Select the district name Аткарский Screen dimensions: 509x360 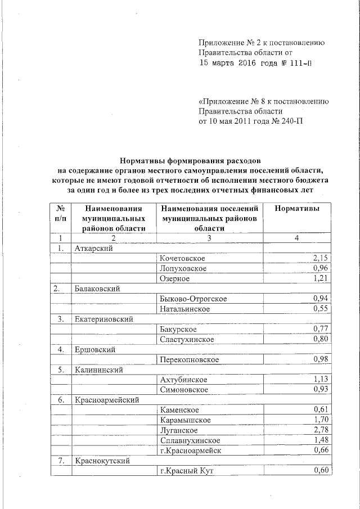(x=94, y=248)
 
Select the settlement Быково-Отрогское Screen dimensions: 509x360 (x=193, y=299)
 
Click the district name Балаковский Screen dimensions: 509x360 (x=98, y=289)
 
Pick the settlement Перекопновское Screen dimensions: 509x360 (x=190, y=359)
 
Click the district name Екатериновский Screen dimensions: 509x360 (x=104, y=319)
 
